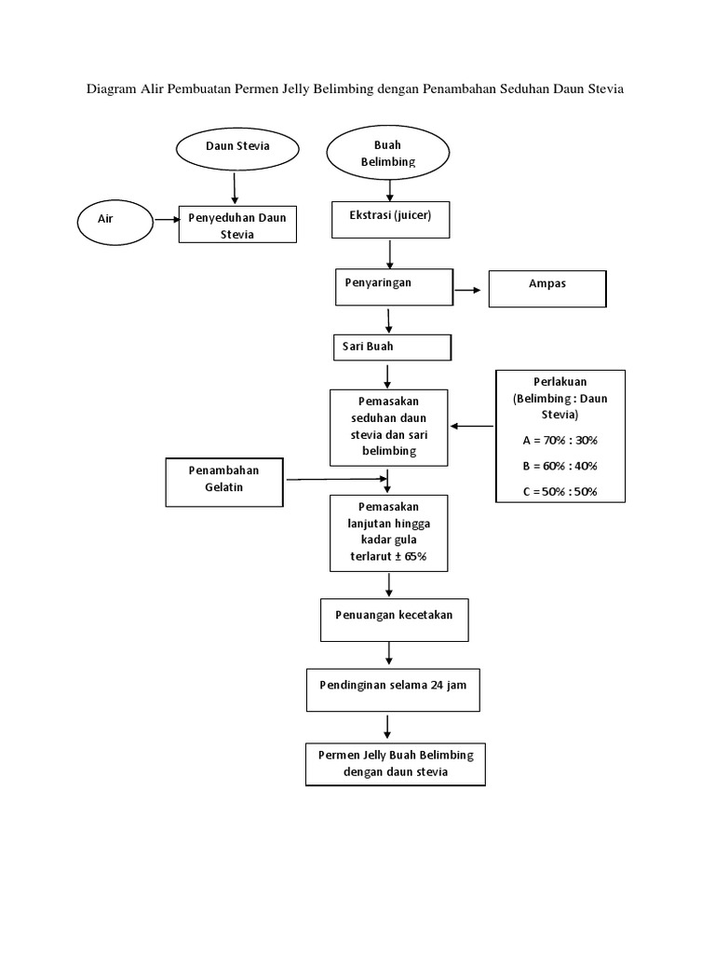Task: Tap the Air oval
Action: [x=115, y=219]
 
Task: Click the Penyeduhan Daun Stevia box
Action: [x=237, y=225]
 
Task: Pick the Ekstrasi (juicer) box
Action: [x=390, y=219]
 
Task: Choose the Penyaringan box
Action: [x=393, y=286]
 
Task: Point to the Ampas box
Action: [x=546, y=288]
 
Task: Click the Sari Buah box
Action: [x=392, y=348]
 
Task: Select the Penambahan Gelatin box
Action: [x=223, y=481]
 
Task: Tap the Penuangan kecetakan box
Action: [x=395, y=620]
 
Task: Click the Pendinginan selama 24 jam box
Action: [x=392, y=688]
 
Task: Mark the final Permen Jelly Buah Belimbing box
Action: [x=395, y=763]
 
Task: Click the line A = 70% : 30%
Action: [x=560, y=439]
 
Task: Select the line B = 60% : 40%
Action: [x=560, y=465]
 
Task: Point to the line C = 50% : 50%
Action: [x=560, y=491]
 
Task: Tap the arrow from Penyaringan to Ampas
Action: [x=470, y=291]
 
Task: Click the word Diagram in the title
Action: [x=112, y=89]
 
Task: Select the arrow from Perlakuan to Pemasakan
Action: [x=472, y=427]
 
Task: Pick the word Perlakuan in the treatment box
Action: [x=560, y=382]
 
